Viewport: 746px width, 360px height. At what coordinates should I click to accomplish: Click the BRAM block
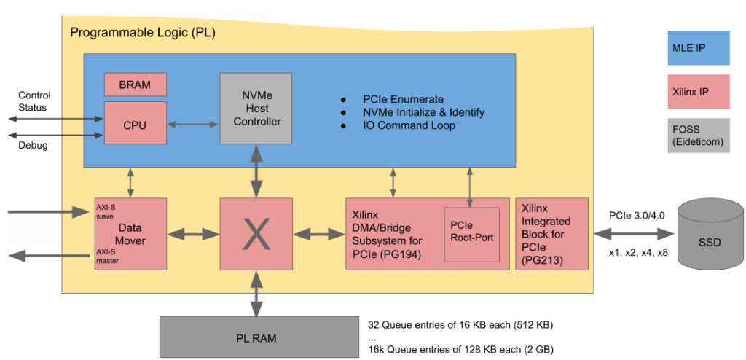tap(135, 85)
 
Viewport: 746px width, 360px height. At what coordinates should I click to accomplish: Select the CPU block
tap(135, 125)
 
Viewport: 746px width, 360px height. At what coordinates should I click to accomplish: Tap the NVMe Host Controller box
tap(256, 108)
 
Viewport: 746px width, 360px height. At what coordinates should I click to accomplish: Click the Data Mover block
tap(130, 234)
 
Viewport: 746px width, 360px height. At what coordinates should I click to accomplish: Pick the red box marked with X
tap(256, 234)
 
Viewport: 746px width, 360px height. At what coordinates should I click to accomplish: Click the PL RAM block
tap(255, 337)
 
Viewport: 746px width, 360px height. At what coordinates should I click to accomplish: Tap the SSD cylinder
tap(709, 233)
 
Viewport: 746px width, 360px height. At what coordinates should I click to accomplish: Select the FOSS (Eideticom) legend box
tap(699, 136)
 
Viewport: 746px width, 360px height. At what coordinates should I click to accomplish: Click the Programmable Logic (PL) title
tap(143, 34)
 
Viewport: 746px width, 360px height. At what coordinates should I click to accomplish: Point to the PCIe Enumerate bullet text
tap(403, 99)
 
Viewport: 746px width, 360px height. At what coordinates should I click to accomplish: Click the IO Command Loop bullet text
tap(408, 125)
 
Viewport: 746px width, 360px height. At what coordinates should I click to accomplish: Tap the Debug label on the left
tap(33, 145)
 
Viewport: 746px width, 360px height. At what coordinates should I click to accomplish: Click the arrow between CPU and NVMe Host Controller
tap(194, 125)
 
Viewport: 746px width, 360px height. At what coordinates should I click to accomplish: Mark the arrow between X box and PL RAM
tap(256, 294)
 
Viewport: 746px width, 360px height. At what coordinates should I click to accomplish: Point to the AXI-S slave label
tap(106, 212)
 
